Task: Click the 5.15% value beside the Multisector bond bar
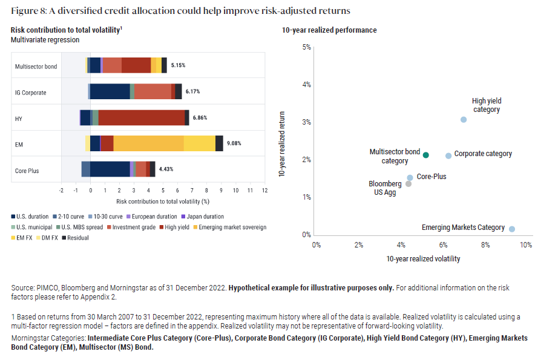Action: pyautogui.click(x=178, y=65)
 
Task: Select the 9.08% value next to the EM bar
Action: pyautogui.click(x=234, y=143)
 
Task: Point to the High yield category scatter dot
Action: pyautogui.click(x=464, y=120)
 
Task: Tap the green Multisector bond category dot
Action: pyautogui.click(x=426, y=155)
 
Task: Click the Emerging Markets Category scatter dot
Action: pyautogui.click(x=512, y=229)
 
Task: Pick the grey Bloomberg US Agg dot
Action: pyautogui.click(x=408, y=184)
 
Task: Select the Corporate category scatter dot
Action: pyautogui.click(x=448, y=155)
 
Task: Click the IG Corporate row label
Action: pyautogui.click(x=30, y=93)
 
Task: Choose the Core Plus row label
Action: pyautogui.click(x=27, y=171)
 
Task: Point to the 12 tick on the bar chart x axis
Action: pyautogui.click(x=264, y=191)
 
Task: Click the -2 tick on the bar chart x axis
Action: pyautogui.click(x=61, y=191)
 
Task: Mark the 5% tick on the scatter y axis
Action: pyautogui.click(x=306, y=47)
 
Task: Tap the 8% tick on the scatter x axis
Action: pyautogui.click(x=485, y=245)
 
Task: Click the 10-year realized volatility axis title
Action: pyautogui.click(x=423, y=259)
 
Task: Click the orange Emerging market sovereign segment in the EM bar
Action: pyautogui.click(x=148, y=143)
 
